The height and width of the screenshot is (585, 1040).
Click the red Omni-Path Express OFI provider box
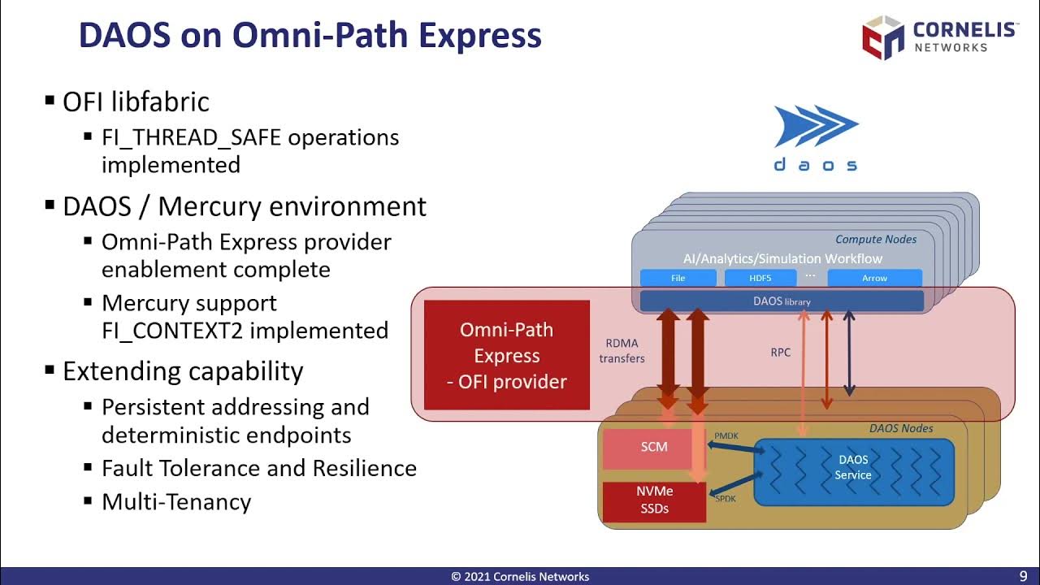(x=506, y=355)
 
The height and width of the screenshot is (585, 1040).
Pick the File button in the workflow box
(x=678, y=278)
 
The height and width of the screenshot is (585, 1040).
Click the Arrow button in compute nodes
(x=874, y=278)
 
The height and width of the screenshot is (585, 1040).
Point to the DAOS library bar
(x=781, y=301)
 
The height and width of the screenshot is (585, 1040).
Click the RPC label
(x=780, y=353)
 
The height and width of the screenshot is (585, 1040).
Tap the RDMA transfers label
(x=622, y=350)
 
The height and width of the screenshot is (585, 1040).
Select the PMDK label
(x=726, y=435)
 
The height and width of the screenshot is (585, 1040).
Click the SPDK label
(x=725, y=498)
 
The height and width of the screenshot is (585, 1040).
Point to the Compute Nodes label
(x=876, y=239)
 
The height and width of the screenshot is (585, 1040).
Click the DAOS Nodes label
(x=901, y=428)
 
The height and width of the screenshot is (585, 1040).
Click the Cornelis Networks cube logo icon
(x=882, y=38)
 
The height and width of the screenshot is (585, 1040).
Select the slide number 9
(x=1023, y=576)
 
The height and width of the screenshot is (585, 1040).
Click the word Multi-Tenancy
(x=176, y=501)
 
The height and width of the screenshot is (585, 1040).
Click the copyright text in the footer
(x=520, y=577)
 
